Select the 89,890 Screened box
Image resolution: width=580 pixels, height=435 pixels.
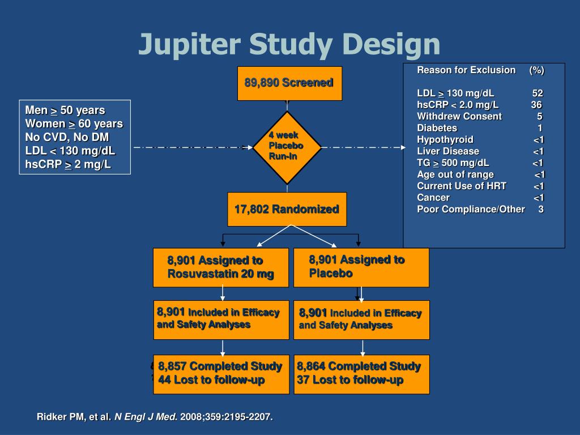point(289,83)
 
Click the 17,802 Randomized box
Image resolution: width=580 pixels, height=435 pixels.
point(287,210)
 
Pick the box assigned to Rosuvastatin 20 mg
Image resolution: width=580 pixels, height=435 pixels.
point(221,267)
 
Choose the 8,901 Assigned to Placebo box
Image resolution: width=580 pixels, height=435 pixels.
point(361,267)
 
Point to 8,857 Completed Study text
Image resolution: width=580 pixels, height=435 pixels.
point(220,366)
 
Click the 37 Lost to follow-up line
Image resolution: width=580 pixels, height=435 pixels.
point(350,380)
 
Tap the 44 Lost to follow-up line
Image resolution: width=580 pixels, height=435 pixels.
point(211,380)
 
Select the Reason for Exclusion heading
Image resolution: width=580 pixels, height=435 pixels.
point(466,70)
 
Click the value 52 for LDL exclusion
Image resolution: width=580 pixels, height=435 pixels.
point(538,93)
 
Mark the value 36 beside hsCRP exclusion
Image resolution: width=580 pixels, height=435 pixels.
point(536,105)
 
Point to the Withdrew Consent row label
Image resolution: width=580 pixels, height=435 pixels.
point(459,116)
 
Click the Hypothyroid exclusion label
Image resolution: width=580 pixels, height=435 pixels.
point(445,140)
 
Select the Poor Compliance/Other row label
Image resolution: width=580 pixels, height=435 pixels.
point(471,209)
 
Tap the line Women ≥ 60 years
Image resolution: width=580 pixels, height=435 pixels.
point(74,123)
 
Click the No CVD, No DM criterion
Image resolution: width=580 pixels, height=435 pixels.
point(67,137)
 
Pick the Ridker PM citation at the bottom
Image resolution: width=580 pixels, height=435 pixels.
point(155,417)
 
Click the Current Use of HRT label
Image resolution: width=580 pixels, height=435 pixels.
point(462,186)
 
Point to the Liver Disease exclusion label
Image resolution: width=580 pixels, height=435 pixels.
point(448,151)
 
